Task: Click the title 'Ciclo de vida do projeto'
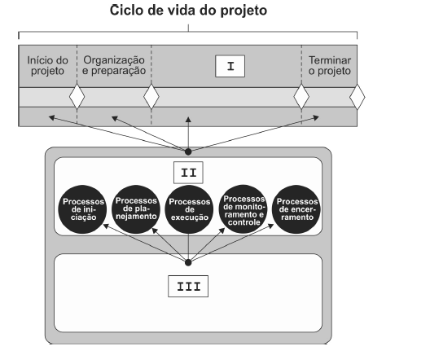(x=188, y=11)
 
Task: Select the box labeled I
(x=230, y=66)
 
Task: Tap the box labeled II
(x=188, y=173)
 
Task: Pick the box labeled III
(x=188, y=286)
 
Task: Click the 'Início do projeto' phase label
(x=47, y=65)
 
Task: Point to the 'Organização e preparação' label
(x=114, y=65)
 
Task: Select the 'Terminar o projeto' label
(x=330, y=65)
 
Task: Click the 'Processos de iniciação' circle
(x=82, y=209)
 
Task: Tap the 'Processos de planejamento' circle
(x=136, y=209)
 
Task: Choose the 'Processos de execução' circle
(x=189, y=209)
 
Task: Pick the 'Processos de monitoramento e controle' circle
(x=244, y=209)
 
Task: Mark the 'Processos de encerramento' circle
(x=296, y=209)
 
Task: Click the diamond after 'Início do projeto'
(x=77, y=97)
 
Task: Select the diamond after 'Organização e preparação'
(x=151, y=97)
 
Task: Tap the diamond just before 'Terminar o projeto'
(x=301, y=97)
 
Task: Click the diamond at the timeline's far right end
(x=358, y=97)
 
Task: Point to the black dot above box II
(x=188, y=151)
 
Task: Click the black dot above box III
(x=188, y=262)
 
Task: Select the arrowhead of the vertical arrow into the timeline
(x=188, y=120)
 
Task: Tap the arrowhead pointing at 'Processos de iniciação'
(x=106, y=226)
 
